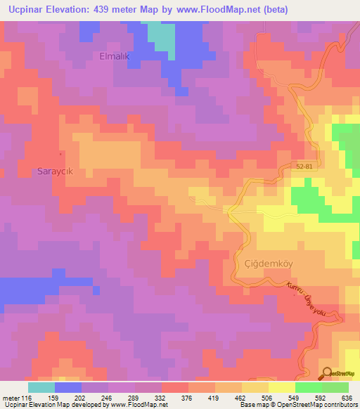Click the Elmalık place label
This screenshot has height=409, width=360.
pos(115,56)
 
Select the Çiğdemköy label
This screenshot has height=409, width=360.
pos(267,264)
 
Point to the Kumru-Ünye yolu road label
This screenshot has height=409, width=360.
pos(307,297)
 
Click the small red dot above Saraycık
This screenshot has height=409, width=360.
pos(60,153)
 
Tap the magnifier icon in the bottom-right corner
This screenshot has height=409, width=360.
pos(326,373)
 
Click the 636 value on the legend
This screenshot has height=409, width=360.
pos(347,397)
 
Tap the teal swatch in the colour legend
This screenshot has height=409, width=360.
pos(41,387)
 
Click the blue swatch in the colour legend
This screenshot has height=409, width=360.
pos(68,387)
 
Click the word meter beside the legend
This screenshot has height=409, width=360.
pos(10,397)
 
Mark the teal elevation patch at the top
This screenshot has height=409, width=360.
pos(163,39)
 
